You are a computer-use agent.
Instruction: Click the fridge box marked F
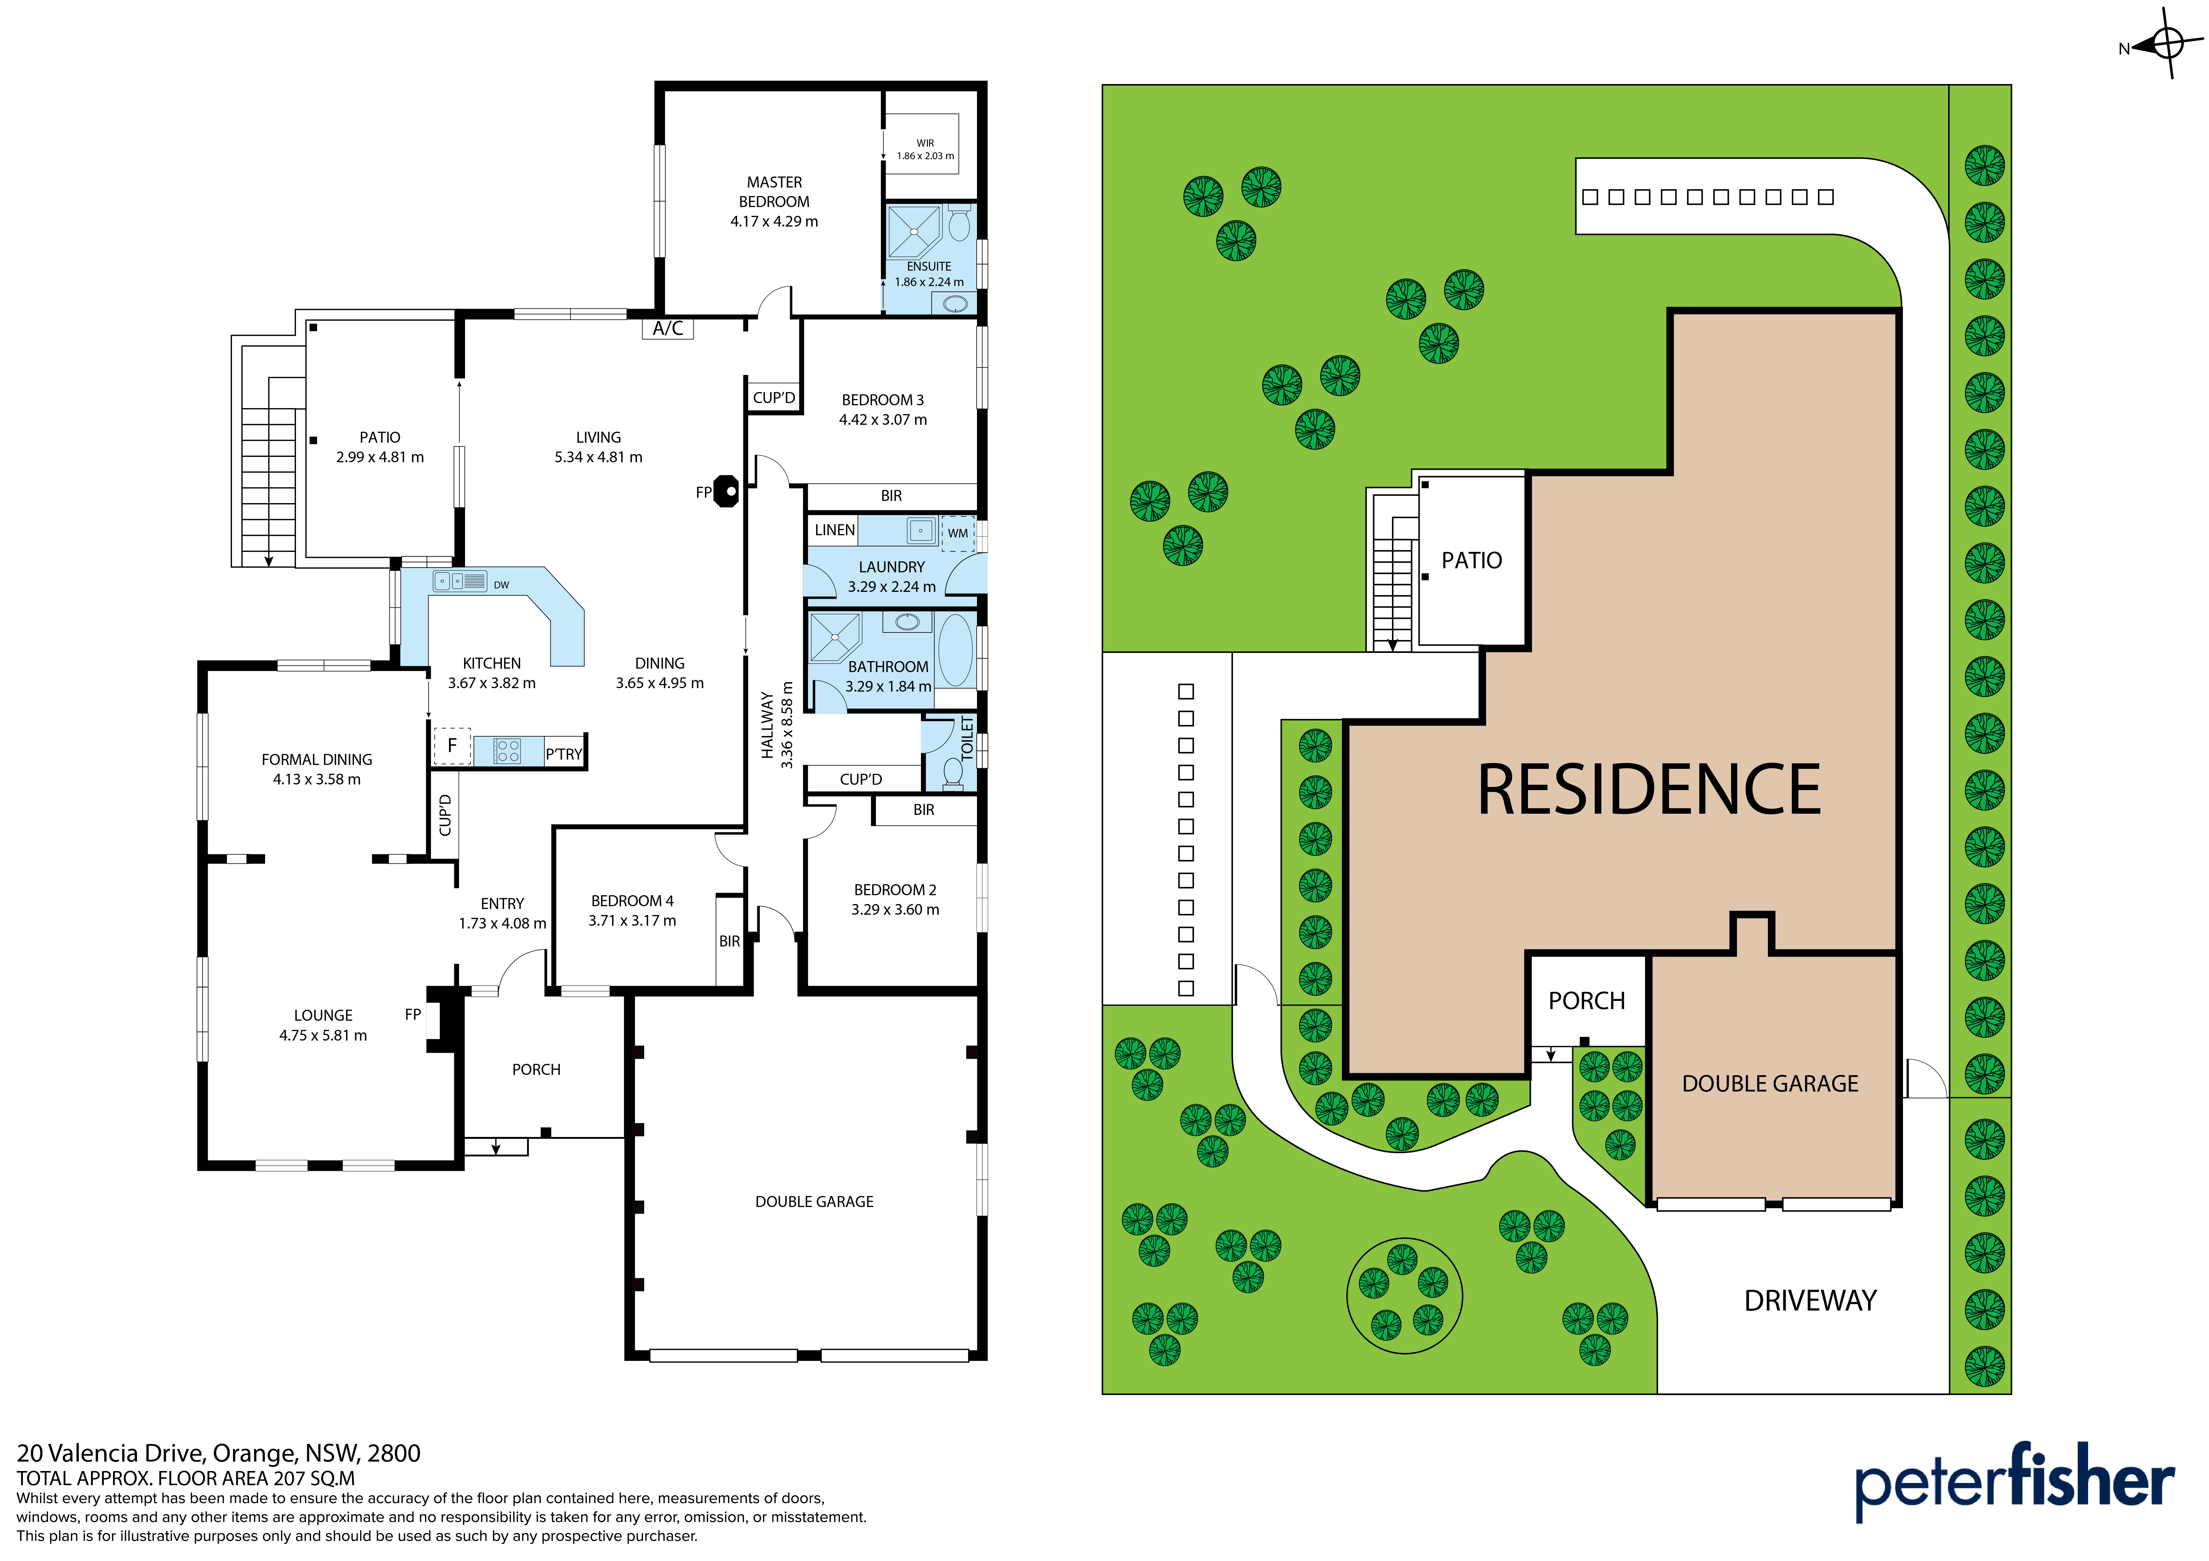pos(451,745)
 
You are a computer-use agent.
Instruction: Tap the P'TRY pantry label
pos(564,754)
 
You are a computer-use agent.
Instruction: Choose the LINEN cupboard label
pos(834,530)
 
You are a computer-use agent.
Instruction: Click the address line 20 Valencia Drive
pos(219,1453)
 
